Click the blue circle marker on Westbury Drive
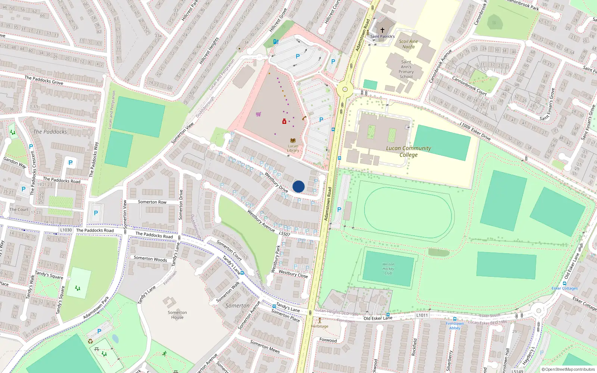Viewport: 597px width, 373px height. coord(298,186)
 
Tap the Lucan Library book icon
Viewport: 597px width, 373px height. coord(293,141)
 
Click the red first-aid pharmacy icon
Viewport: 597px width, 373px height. coord(284,122)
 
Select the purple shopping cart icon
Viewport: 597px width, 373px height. coord(259,114)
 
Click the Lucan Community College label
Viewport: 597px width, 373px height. coord(408,151)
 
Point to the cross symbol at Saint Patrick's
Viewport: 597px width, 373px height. coord(382,30)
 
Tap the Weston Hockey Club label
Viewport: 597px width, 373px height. coord(388,269)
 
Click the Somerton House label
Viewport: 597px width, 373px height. coord(177,315)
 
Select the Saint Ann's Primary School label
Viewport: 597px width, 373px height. coord(406,69)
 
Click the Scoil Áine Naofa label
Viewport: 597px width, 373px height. coord(408,44)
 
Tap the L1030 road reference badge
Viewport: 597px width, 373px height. coord(66,230)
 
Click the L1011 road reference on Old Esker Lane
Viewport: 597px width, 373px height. coord(422,315)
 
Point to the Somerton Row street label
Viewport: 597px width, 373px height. coord(152,202)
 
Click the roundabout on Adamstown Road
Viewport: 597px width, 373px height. coord(345,90)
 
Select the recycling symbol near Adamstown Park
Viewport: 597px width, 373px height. coord(90,341)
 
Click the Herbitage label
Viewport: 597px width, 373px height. coord(320,326)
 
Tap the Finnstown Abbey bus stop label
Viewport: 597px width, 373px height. coord(454,326)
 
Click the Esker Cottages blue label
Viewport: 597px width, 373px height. coord(565,288)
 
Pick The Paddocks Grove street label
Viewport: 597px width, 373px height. coord(44,80)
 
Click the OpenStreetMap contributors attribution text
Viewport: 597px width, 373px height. coord(568,369)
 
